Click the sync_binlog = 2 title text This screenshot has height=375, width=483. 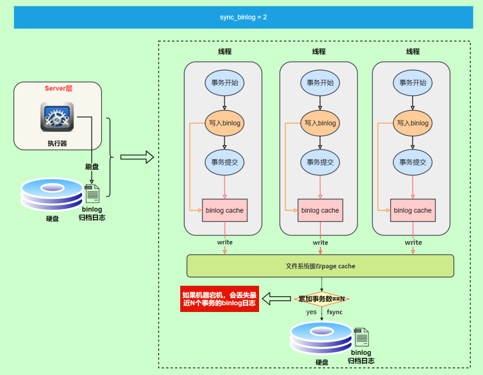pos(243,17)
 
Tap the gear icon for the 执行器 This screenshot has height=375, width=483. pos(57,117)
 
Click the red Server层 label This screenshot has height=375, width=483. pos(58,88)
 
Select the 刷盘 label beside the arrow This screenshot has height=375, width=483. pos(92,167)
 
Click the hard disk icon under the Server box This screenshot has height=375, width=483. pos(52,194)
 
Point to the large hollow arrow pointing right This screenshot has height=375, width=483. pos(137,157)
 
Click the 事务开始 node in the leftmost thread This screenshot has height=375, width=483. pos(225,83)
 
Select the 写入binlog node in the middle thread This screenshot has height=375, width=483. pos(320,123)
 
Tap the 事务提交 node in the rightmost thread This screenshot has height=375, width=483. pos(413,162)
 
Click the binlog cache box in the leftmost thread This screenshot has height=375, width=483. pos(225,210)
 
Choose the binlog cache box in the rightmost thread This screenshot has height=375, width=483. pos(413,210)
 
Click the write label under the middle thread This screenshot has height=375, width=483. pos(320,243)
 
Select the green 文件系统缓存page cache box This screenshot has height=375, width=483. pos(320,266)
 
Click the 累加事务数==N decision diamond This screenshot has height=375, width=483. pos(322,299)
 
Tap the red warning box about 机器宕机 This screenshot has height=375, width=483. pos(220,299)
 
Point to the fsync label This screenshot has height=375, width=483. pos(335,312)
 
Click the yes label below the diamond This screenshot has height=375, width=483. pos(311,312)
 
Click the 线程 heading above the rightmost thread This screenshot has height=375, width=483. pos(413,52)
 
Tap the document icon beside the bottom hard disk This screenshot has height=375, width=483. pos(361,337)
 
